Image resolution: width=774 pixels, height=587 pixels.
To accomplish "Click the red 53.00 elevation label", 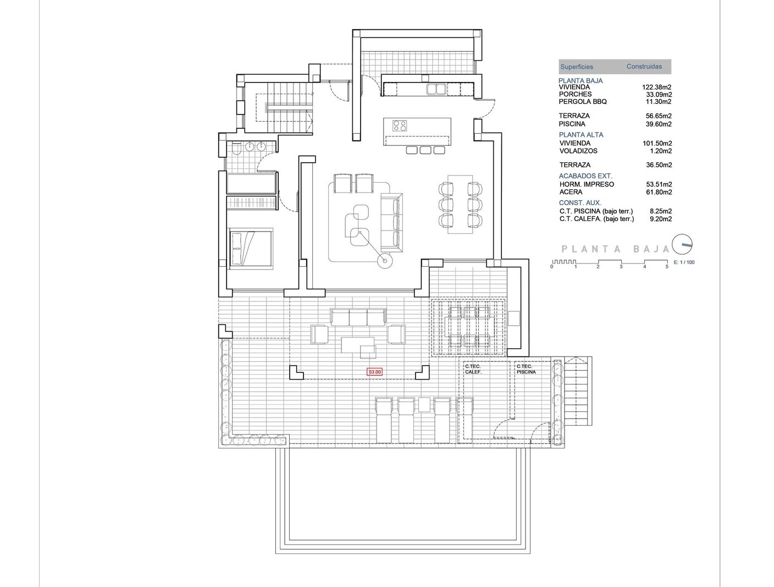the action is (x=375, y=371).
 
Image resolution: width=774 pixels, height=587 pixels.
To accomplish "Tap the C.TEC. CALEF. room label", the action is (x=473, y=369).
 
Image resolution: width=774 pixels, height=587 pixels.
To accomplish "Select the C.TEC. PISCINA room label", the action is (x=526, y=369).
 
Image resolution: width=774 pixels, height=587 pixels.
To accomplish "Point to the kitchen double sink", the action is (x=436, y=89).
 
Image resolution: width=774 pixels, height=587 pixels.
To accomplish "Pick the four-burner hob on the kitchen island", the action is (x=400, y=125).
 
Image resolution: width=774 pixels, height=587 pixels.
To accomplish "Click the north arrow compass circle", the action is (x=682, y=244).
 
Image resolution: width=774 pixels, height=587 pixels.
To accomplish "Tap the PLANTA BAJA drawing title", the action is (x=615, y=249).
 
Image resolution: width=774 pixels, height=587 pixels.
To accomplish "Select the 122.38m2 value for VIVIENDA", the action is (x=656, y=87).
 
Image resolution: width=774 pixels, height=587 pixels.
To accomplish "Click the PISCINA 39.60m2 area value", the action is (x=659, y=124).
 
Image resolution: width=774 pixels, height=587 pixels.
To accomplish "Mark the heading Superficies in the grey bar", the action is (x=577, y=67).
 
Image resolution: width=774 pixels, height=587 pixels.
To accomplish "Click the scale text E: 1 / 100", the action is (x=684, y=262).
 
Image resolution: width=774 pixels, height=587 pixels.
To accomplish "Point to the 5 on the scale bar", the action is (x=667, y=267).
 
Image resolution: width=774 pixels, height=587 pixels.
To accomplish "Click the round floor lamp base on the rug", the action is (x=385, y=261).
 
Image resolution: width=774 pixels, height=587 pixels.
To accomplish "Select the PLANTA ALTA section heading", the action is (x=580, y=135).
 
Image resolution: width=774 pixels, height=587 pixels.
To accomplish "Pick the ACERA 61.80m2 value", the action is (x=659, y=192).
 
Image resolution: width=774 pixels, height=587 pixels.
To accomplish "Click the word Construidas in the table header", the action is (x=644, y=67).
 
